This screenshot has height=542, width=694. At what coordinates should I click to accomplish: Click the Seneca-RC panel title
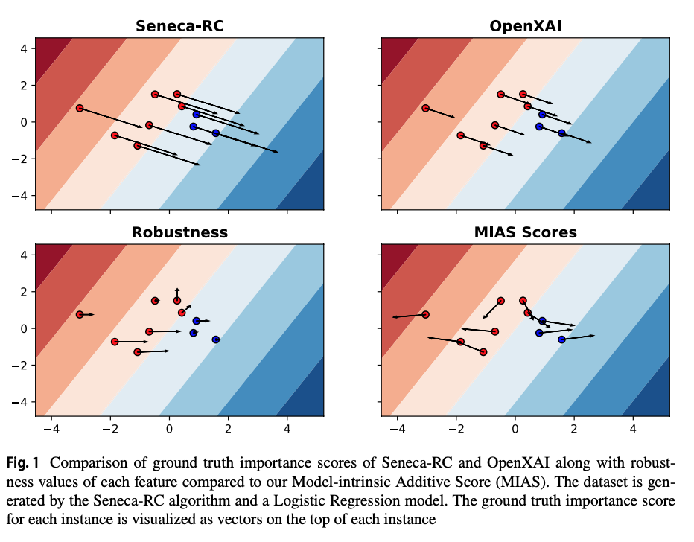click(179, 26)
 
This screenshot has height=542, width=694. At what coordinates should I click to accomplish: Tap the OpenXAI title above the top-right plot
click(525, 26)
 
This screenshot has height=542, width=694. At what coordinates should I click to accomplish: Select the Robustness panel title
click(179, 232)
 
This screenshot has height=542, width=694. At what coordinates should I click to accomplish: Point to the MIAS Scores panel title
click(525, 232)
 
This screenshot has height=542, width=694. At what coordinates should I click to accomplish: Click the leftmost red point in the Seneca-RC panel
click(80, 108)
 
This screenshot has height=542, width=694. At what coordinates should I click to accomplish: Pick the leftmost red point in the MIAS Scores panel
click(425, 314)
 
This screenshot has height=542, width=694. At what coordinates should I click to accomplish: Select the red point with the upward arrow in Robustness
click(177, 301)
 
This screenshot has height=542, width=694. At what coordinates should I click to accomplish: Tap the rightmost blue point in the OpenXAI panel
click(561, 133)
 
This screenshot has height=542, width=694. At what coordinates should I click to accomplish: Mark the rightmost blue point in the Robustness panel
click(216, 339)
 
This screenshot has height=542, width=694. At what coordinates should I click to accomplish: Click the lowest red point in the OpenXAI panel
click(483, 146)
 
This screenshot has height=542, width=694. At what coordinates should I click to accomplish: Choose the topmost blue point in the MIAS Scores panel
click(542, 321)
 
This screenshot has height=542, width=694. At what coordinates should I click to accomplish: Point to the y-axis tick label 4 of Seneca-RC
click(23, 48)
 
